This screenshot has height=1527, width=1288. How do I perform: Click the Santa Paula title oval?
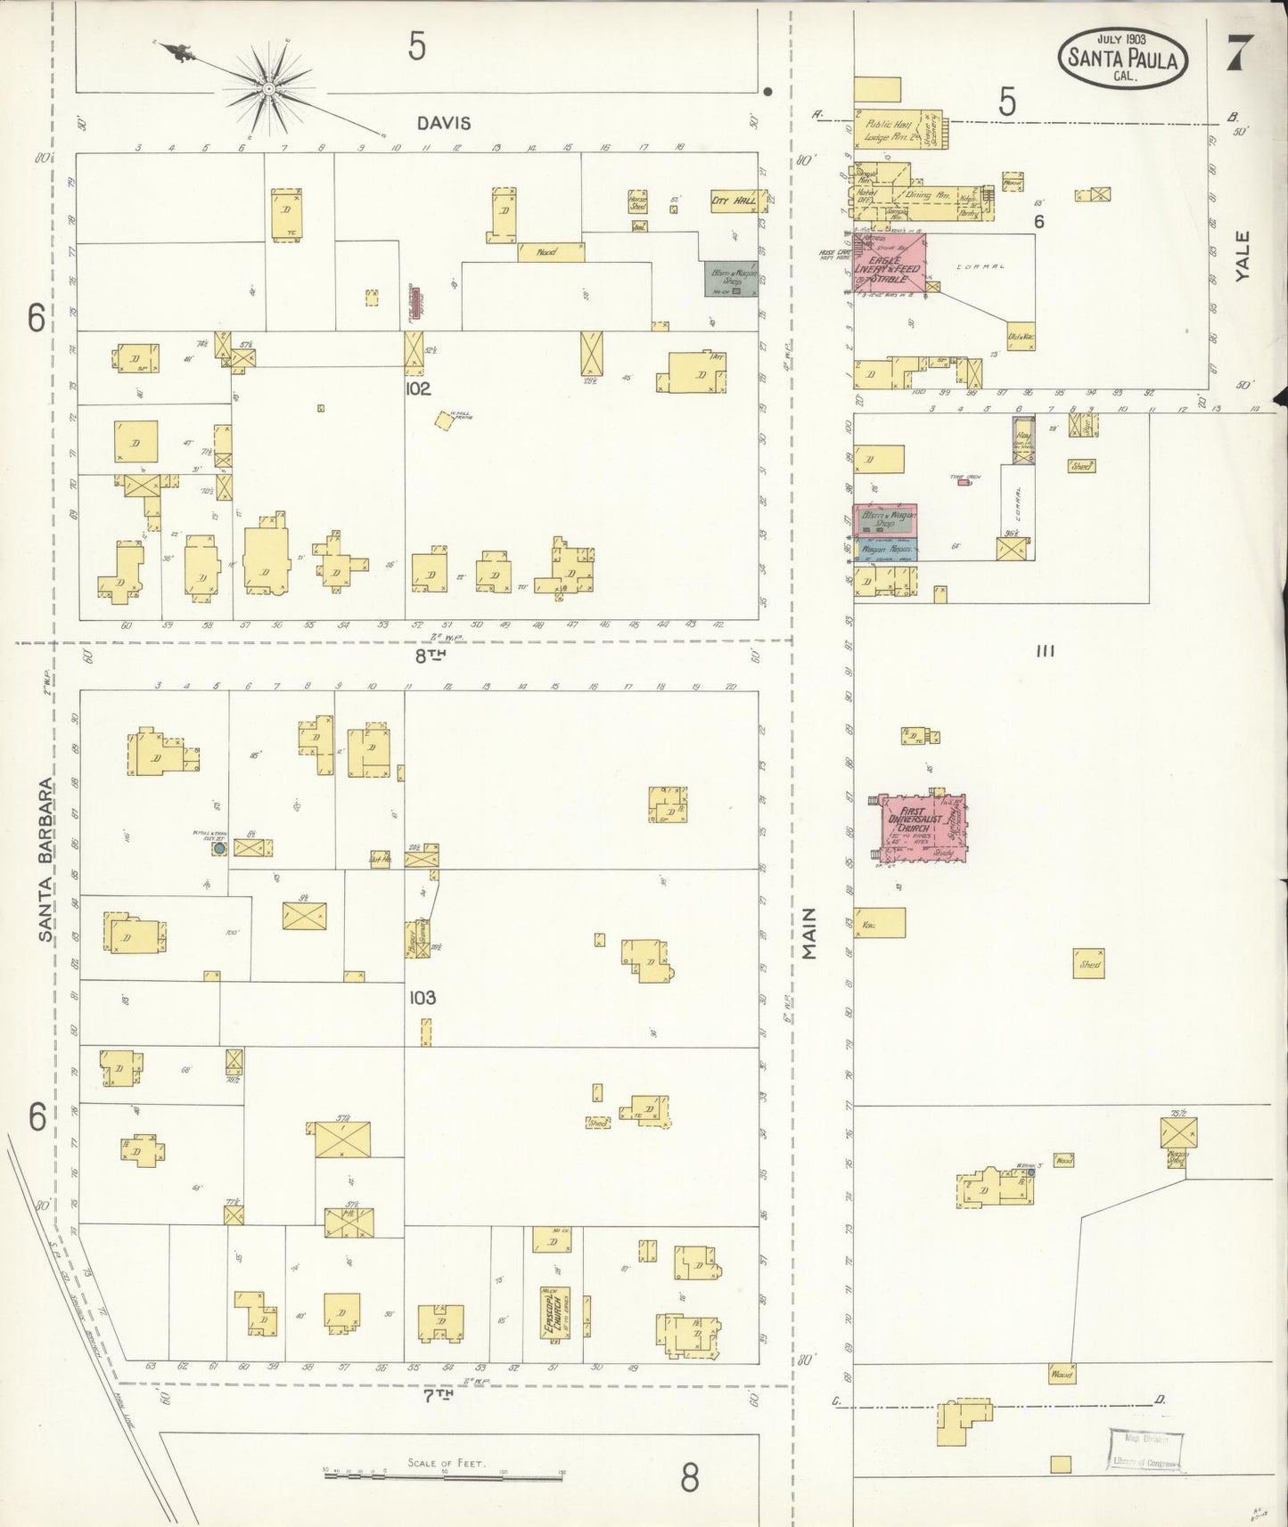click(x=1123, y=59)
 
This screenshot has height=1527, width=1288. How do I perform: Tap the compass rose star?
click(x=267, y=89)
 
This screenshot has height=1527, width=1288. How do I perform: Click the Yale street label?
click(x=1243, y=256)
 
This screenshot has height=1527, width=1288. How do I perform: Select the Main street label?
click(x=809, y=933)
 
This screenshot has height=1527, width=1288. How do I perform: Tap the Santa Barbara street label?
click(x=46, y=861)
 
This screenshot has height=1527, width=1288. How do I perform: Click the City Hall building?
click(x=734, y=201)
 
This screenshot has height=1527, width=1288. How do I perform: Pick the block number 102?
click(x=417, y=388)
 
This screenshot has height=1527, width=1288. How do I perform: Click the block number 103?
click(x=422, y=997)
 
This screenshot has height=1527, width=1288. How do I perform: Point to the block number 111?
click(x=1046, y=651)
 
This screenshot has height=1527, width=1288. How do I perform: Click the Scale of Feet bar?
click(x=443, y=1475)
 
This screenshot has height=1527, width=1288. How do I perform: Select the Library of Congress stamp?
click(x=1146, y=1450)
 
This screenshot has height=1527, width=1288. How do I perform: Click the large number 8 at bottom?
click(x=690, y=1479)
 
